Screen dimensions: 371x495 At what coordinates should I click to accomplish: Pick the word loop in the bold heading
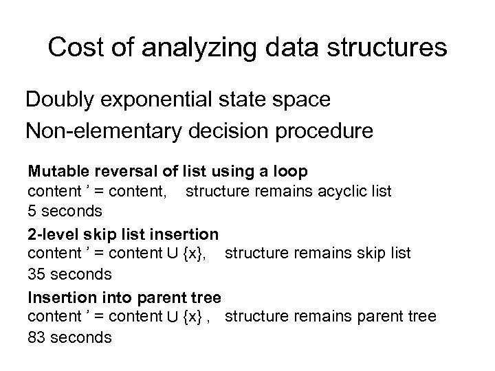click(294, 169)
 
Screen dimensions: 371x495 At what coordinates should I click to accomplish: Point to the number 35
click(36, 274)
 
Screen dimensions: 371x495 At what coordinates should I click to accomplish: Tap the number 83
click(36, 337)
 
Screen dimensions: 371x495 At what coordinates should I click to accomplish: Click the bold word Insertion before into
click(56, 297)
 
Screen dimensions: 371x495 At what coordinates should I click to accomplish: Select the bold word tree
click(206, 297)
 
